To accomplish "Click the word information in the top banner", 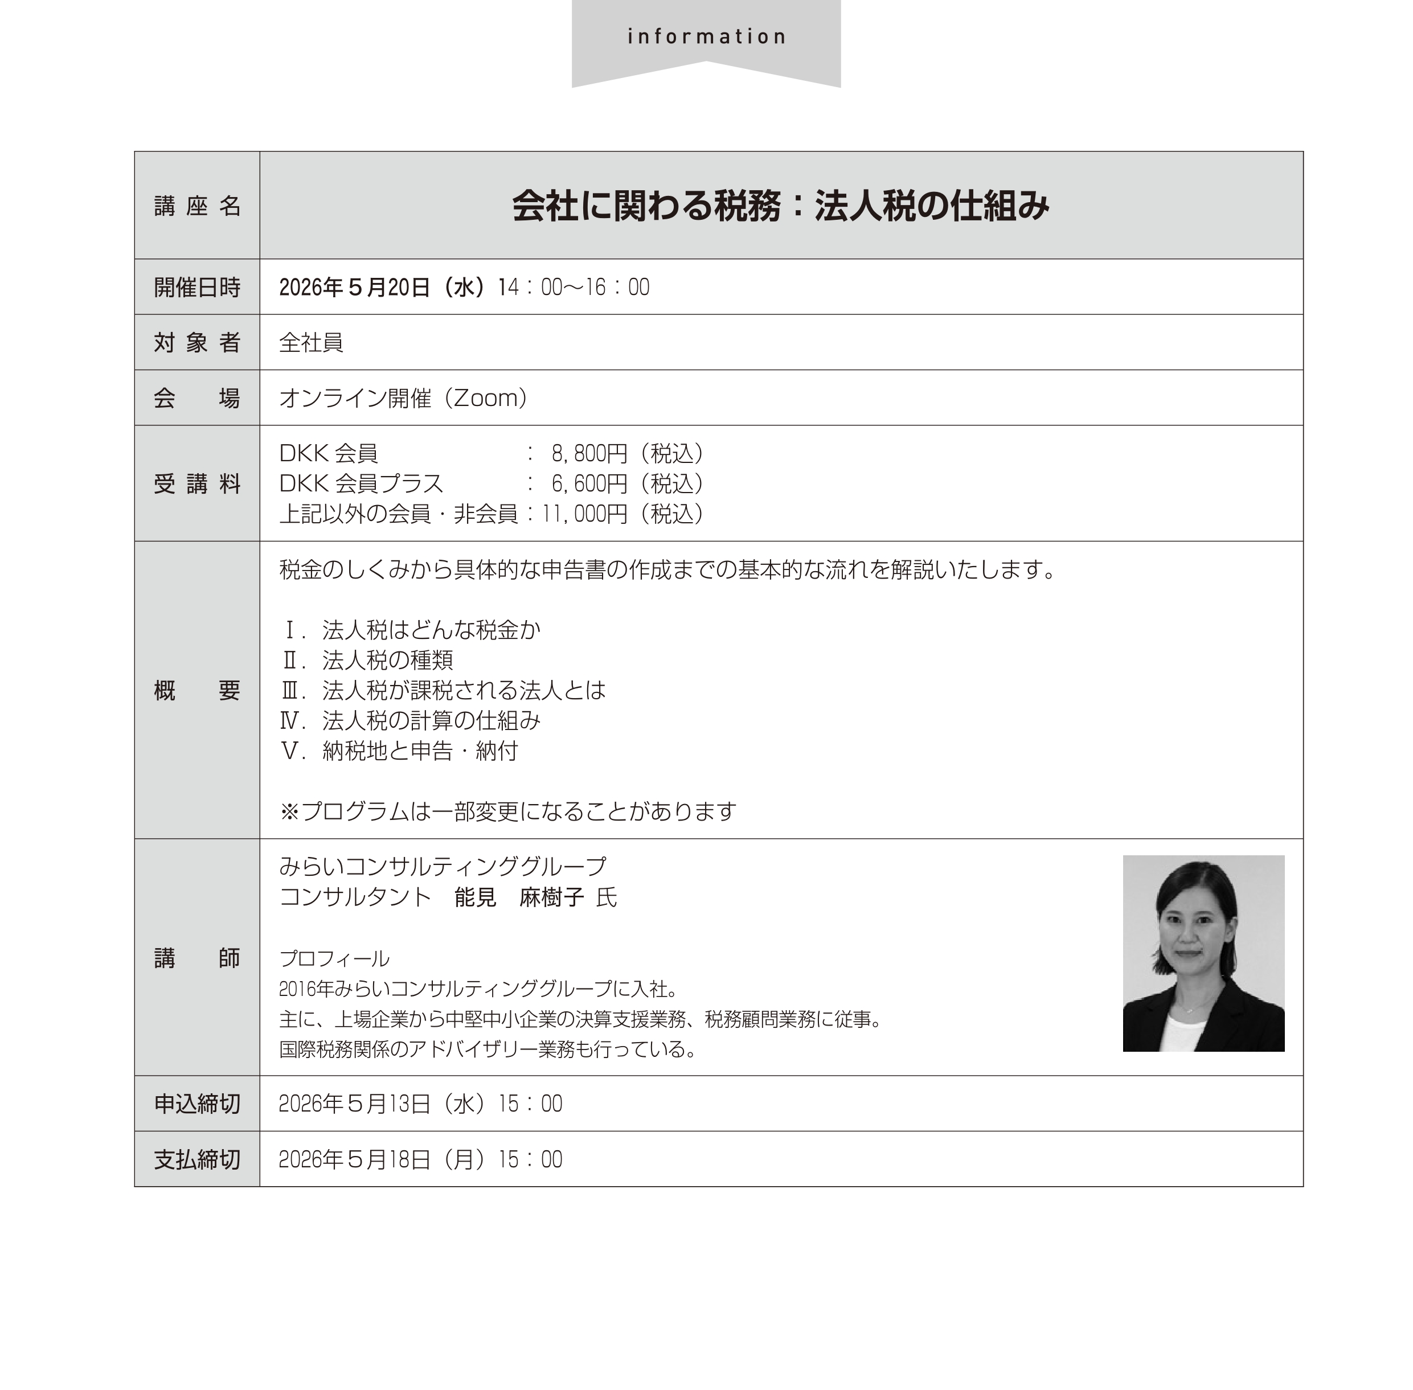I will click(706, 36).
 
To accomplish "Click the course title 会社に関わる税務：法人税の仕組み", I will click(780, 206).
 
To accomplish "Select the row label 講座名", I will click(197, 207).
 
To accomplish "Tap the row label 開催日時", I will click(197, 288).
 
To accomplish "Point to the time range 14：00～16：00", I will click(574, 288).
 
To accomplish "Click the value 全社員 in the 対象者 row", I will click(311, 342).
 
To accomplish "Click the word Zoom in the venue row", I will click(486, 399).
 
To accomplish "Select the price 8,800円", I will click(588, 454).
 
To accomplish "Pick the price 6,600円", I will click(588, 484).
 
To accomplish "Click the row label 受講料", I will click(197, 484).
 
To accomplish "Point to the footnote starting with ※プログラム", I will click(507, 811).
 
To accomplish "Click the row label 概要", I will click(197, 691).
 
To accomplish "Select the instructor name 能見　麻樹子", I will click(518, 897).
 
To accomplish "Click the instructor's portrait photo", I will click(1203, 953).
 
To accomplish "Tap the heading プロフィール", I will click(334, 958).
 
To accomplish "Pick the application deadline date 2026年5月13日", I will click(381, 1104).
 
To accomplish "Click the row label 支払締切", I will click(197, 1159).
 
